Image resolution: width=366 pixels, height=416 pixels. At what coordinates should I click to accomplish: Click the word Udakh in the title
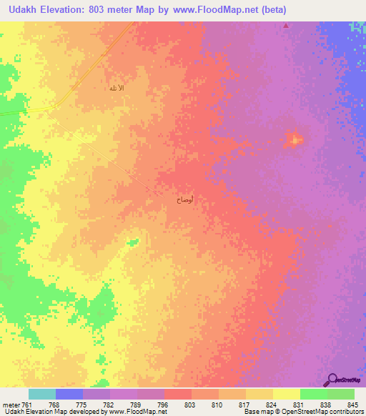(x=28, y=11)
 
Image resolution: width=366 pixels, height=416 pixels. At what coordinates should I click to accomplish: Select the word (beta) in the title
(x=345, y=11)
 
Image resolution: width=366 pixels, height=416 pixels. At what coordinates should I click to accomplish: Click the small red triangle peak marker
(x=287, y=26)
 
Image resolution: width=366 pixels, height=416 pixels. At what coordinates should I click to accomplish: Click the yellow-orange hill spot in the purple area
(x=295, y=139)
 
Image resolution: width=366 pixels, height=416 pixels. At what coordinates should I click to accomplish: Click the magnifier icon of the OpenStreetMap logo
(x=332, y=380)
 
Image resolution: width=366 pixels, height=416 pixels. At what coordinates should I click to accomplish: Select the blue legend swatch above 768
(x=69, y=394)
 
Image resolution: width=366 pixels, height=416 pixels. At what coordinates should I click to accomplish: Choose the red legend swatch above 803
(x=177, y=394)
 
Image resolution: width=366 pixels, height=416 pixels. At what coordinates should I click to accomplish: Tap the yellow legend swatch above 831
(x=286, y=394)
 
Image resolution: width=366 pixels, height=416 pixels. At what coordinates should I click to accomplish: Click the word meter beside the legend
(x=11, y=404)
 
